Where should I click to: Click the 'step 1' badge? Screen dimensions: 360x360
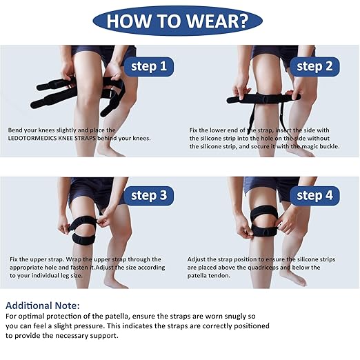pyautogui.click(x=149, y=67)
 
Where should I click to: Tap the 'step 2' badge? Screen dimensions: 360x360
pyautogui.click(x=314, y=67)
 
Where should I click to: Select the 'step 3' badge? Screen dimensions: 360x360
pyautogui.click(x=149, y=196)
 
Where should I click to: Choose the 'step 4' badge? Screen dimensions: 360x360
pyautogui.click(x=314, y=196)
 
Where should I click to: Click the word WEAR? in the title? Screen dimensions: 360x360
pyautogui.click(x=217, y=21)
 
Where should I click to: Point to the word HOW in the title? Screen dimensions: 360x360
pyautogui.click(x=128, y=21)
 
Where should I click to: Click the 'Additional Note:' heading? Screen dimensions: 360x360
pyautogui.click(x=43, y=306)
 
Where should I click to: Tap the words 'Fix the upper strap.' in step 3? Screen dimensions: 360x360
pyautogui.click(x=37, y=260)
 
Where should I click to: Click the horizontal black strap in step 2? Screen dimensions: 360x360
pyautogui.click(x=263, y=99)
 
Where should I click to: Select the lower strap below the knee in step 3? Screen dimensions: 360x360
pyautogui.click(x=83, y=239)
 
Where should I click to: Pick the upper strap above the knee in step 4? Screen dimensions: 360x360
pyautogui.click(x=263, y=213)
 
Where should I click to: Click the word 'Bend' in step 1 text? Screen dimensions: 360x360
pyautogui.click(x=15, y=130)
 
